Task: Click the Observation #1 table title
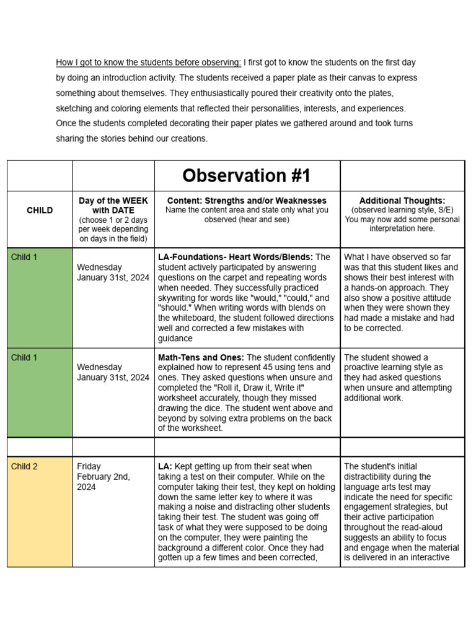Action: (x=247, y=176)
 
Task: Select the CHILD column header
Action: (x=40, y=211)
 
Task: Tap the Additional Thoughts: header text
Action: (x=402, y=201)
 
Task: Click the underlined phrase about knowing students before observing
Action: (x=148, y=63)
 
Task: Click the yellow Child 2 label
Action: (x=24, y=466)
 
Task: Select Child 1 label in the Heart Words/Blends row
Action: (x=24, y=257)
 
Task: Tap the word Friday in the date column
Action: (x=89, y=466)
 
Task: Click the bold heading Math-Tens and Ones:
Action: (x=201, y=357)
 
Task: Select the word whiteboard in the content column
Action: (x=188, y=318)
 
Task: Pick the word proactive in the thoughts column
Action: (x=363, y=367)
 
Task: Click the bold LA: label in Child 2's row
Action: (x=165, y=466)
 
